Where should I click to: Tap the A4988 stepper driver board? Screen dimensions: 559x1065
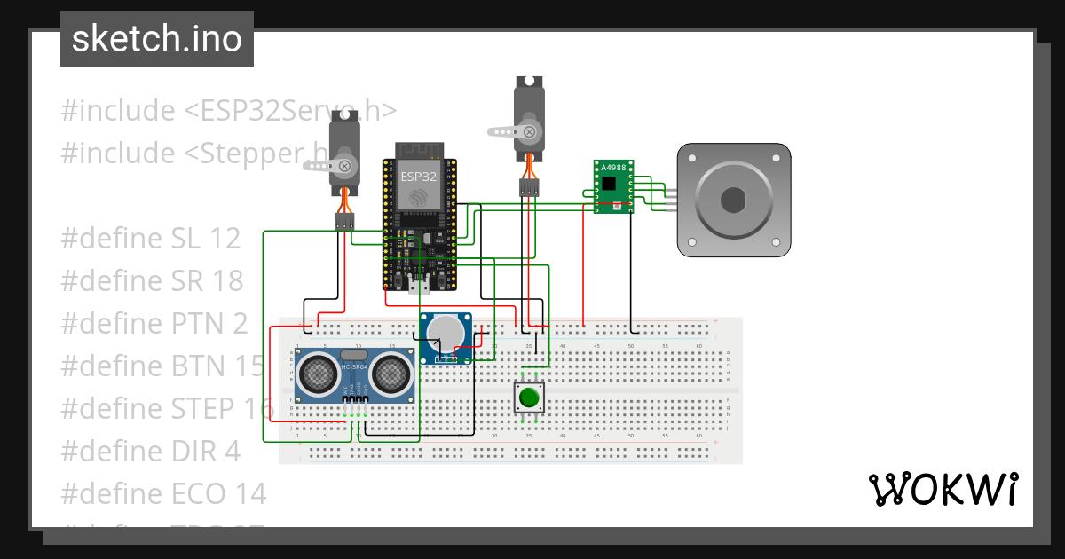tap(613, 187)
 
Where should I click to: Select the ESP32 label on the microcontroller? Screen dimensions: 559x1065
tap(419, 177)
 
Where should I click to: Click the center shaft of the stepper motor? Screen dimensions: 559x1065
tap(733, 201)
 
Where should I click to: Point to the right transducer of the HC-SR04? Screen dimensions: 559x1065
tap(391, 376)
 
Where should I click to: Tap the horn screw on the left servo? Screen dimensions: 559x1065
tap(345, 166)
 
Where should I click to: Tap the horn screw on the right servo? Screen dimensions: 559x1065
tap(529, 132)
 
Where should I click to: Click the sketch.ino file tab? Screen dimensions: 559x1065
tap(157, 39)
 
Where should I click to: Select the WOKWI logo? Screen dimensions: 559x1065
tap(943, 489)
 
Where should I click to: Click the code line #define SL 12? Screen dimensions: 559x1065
tap(151, 239)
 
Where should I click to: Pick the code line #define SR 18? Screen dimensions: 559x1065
tap(152, 281)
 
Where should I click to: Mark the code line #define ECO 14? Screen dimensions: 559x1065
tap(163, 493)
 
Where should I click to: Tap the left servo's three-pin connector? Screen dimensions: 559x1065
tap(344, 221)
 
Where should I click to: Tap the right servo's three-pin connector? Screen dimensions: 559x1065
tap(530, 188)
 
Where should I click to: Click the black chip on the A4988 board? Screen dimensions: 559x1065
tap(609, 184)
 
